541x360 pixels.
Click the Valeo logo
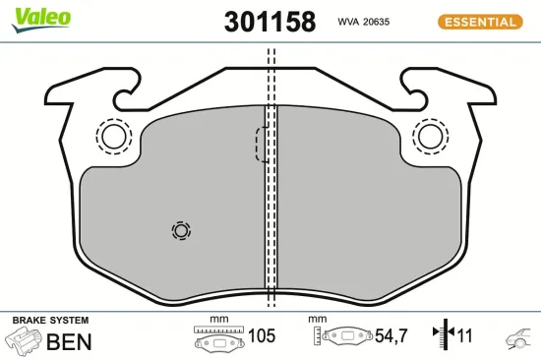40,16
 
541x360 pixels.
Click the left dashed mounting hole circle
113,136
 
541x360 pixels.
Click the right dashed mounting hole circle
430,136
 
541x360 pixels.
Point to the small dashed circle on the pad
180,230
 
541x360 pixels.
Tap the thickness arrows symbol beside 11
442,336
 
